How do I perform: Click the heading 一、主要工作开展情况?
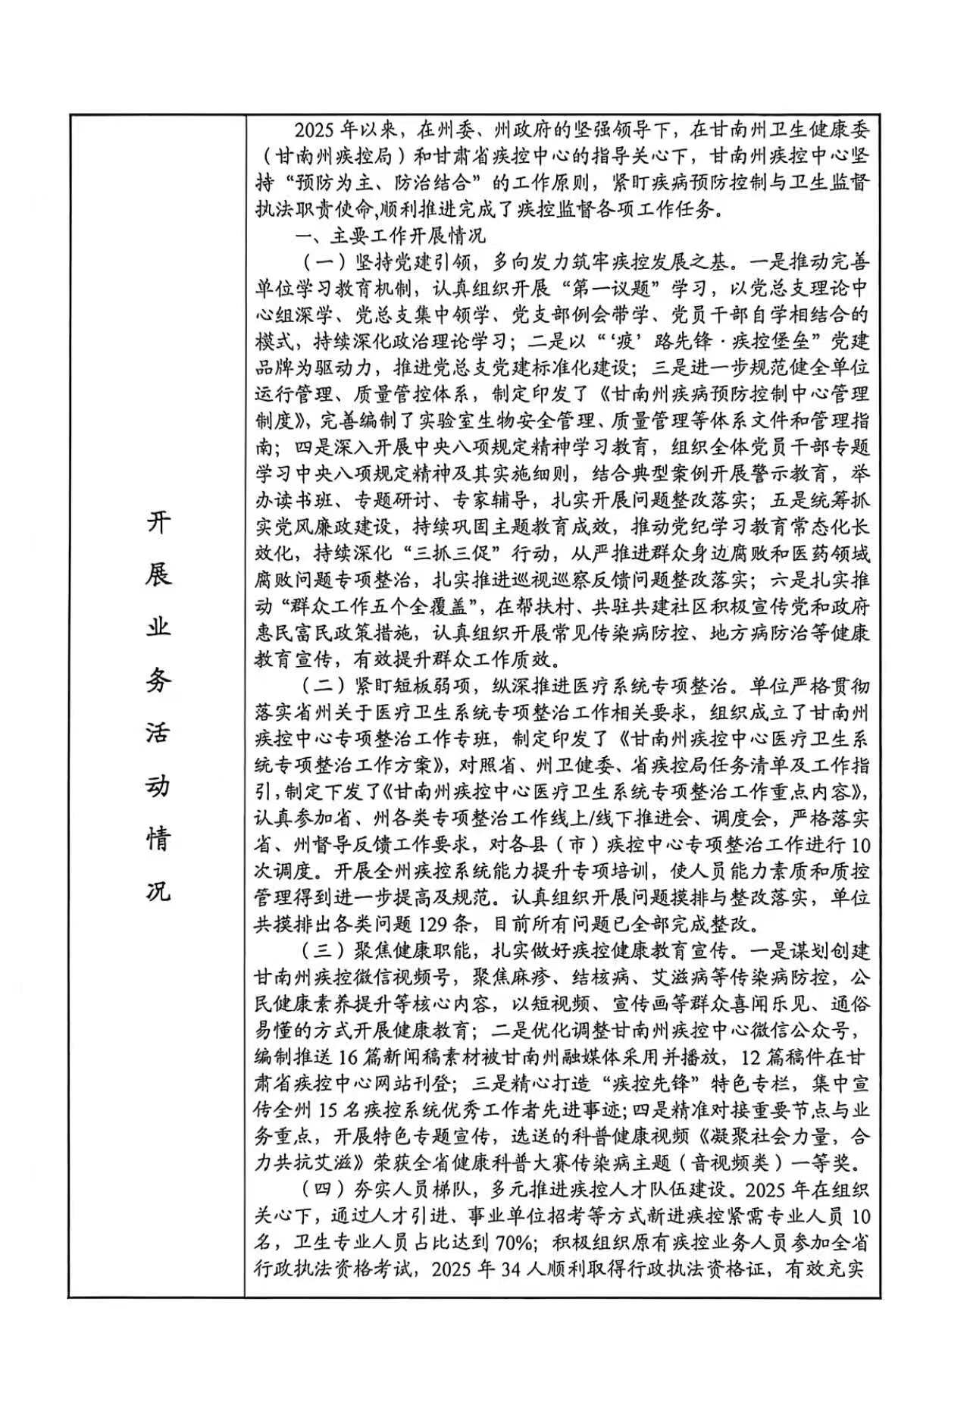coord(390,236)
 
